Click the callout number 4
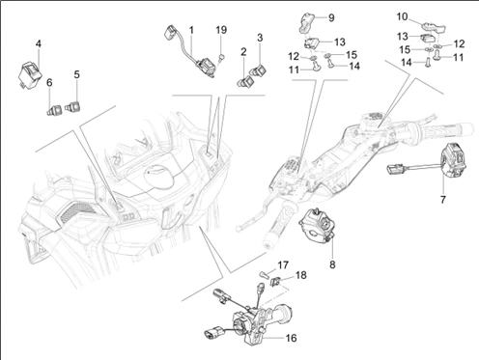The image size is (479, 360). [38, 43]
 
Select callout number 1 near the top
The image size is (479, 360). [191, 31]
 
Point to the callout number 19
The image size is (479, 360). [221, 31]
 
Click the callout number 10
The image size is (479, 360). [402, 16]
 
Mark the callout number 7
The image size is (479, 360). [442, 200]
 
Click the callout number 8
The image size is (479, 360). [333, 263]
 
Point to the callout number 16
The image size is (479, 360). [292, 338]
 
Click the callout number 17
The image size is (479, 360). [283, 264]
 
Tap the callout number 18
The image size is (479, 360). [300, 275]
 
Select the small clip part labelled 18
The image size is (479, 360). [276, 281]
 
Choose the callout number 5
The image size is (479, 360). [76, 72]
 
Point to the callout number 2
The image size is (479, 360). [243, 50]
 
